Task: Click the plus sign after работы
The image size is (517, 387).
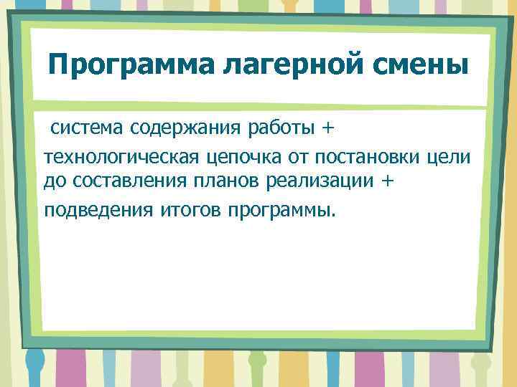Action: pos(327,128)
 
